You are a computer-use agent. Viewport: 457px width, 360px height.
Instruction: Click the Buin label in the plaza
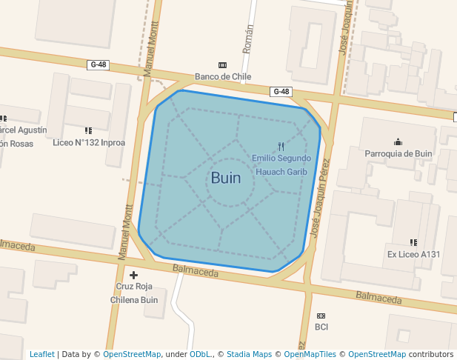[x=225, y=178]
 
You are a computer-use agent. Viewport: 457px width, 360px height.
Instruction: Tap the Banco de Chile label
[x=223, y=76]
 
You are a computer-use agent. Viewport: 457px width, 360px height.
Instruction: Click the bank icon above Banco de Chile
[x=223, y=65]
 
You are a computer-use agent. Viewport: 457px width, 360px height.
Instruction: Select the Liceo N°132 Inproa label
[x=89, y=142]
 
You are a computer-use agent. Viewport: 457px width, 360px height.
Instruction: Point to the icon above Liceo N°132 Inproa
[x=89, y=130]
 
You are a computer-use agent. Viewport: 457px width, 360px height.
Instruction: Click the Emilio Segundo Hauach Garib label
[x=281, y=164]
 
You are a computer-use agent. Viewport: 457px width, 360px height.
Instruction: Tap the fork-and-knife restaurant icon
[x=281, y=147]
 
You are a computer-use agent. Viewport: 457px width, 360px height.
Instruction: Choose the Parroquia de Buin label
[x=398, y=153]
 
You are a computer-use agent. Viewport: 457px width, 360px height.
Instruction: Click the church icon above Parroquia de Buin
[x=398, y=141]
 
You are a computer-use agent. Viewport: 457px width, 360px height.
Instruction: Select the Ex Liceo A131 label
[x=413, y=254]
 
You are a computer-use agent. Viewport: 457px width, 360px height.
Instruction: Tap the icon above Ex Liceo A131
[x=413, y=242]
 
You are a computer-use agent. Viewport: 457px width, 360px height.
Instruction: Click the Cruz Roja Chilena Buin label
[x=134, y=293]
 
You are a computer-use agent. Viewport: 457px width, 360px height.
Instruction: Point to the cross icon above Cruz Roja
[x=134, y=276]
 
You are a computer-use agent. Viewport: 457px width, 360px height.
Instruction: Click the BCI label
[x=321, y=327]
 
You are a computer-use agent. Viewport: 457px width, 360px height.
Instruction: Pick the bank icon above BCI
[x=321, y=316]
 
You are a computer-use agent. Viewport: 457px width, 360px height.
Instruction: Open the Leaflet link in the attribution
[x=41, y=354]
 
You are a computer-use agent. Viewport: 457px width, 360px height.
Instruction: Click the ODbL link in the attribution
[x=200, y=354]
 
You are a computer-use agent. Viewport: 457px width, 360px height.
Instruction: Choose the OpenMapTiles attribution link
[x=310, y=354]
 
